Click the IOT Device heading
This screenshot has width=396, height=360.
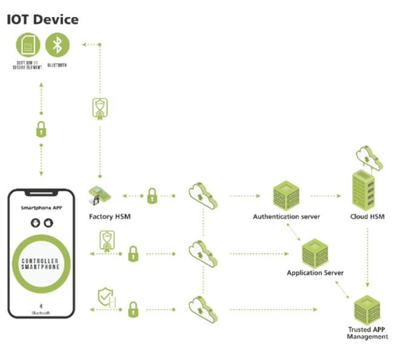click(x=42, y=19)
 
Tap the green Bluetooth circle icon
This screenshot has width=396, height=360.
click(x=58, y=44)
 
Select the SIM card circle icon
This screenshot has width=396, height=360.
click(x=25, y=44)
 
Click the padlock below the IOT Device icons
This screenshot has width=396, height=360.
click(x=41, y=128)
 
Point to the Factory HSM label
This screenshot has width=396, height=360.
click(x=110, y=216)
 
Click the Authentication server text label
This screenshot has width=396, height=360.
click(x=286, y=216)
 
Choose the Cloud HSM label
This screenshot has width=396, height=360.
click(x=368, y=216)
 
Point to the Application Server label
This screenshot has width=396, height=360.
click(x=315, y=273)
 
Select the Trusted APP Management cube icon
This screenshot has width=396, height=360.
click(x=367, y=310)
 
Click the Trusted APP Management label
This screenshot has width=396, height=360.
click(x=367, y=333)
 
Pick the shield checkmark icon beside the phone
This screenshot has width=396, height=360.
click(x=105, y=298)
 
